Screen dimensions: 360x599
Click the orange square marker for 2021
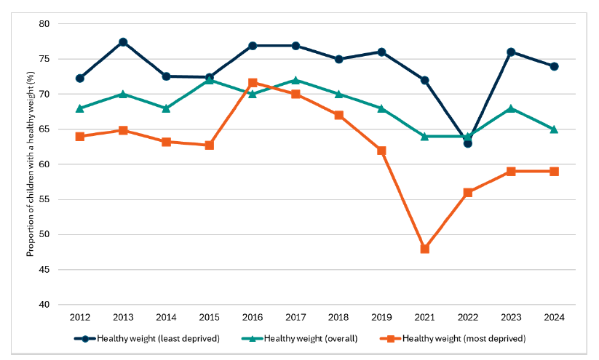pos(424,249)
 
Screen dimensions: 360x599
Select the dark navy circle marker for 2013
pos(123,42)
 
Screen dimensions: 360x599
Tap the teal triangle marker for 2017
pos(295,80)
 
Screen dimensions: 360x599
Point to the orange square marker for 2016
pos(253,83)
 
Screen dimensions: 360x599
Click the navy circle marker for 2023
pos(511,52)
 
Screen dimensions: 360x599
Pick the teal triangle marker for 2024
pos(554,129)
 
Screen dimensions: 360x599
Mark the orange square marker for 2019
pos(381,151)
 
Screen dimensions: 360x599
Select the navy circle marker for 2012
pos(80,79)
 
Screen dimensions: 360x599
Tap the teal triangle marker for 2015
pos(210,80)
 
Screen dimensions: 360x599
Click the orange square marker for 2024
pos(554,172)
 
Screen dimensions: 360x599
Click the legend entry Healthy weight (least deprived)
pos(154,338)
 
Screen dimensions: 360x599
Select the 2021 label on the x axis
pos(424,318)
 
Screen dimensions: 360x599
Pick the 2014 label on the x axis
pos(166,318)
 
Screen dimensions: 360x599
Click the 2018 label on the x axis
pos(338,318)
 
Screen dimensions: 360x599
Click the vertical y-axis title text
pos(30,164)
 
